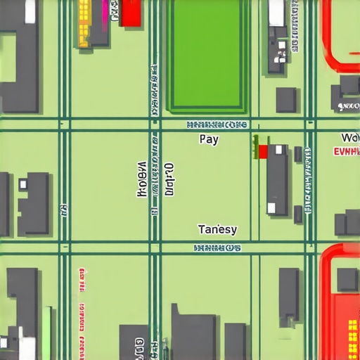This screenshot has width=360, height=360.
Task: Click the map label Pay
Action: click(x=209, y=139)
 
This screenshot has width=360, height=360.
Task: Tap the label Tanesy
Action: click(x=217, y=230)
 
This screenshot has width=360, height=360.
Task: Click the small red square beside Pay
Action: click(x=263, y=151)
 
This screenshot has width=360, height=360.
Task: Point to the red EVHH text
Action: click(x=345, y=150)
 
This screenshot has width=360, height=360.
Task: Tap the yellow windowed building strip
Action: click(x=84, y=22)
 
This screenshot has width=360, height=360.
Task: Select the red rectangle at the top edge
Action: click(x=131, y=13)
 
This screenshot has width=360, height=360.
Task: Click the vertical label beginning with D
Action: click(x=169, y=179)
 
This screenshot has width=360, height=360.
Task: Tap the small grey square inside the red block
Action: click(x=347, y=279)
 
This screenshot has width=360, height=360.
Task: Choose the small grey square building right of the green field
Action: click(x=285, y=100)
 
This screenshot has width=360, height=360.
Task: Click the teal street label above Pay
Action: click(x=217, y=124)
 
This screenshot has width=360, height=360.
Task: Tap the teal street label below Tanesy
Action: click(x=217, y=247)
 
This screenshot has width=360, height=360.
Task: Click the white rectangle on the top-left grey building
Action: click(x=31, y=12)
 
